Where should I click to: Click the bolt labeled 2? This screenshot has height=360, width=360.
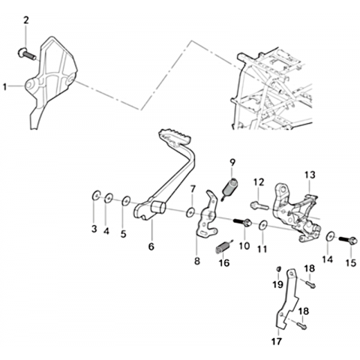27,54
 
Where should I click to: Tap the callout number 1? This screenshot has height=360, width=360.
4,87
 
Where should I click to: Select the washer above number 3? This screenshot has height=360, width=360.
96,196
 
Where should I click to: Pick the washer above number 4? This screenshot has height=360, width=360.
109,198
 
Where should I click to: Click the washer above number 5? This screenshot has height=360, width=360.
126,201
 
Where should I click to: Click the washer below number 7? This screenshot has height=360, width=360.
190,212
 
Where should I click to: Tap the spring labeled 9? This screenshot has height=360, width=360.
229,188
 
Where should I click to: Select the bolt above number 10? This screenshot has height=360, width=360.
242,222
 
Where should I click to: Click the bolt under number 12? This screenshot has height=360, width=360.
259,205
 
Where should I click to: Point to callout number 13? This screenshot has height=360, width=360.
310,175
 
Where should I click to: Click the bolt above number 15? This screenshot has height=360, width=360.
348,240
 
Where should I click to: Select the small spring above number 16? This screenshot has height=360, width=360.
223,246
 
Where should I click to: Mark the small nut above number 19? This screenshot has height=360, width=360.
278,269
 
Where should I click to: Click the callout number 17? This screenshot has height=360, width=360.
277,341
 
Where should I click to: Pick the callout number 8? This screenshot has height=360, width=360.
197,261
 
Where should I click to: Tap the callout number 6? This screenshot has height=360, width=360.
151,247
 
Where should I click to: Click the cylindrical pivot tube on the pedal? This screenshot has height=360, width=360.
158,208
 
